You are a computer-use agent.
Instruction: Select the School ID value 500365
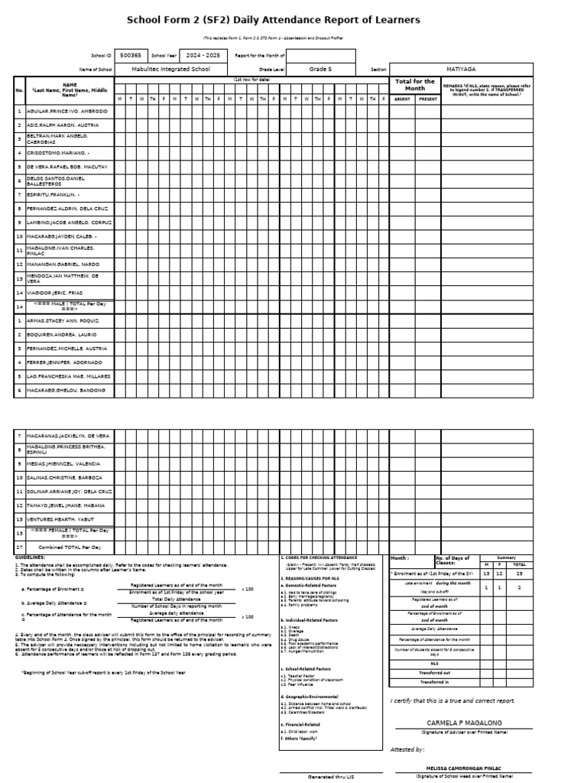coord(131,55)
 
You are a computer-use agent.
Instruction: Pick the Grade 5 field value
coord(320,69)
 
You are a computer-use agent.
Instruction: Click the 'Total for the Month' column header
coord(413,85)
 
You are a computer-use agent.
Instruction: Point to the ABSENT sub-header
coord(402,99)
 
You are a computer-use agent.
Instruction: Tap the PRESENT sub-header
coord(428,99)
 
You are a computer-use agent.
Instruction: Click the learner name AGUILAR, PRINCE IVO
coord(67,111)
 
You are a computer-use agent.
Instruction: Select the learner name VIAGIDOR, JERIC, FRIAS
coord(62,293)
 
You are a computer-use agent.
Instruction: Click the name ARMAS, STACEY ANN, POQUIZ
coord(63,320)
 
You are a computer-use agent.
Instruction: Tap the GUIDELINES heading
coord(31,558)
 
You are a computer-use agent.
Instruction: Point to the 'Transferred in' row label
coord(435,682)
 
